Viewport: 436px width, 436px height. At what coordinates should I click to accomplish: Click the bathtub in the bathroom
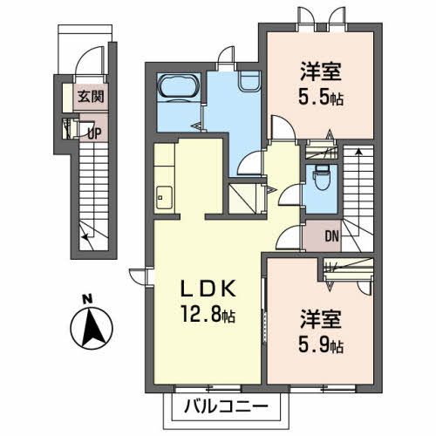pyautogui.click(x=179, y=86)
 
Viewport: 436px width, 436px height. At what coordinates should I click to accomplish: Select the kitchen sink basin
pyautogui.click(x=164, y=198)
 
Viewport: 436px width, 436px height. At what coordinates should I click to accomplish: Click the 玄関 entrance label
pyautogui.click(x=91, y=96)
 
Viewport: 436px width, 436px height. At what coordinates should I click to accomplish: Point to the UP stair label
pyautogui.click(x=95, y=133)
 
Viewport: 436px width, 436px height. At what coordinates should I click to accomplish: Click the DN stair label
pyautogui.click(x=331, y=236)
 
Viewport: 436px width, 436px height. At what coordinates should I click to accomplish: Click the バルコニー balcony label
pyautogui.click(x=226, y=406)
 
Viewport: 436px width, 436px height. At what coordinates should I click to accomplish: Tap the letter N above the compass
pyautogui.click(x=87, y=299)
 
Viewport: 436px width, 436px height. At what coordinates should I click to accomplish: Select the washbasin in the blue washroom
pyautogui.click(x=249, y=81)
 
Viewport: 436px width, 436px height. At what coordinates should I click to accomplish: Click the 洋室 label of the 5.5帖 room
pyautogui.click(x=321, y=72)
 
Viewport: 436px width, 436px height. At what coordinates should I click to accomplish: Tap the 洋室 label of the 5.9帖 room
pyautogui.click(x=321, y=319)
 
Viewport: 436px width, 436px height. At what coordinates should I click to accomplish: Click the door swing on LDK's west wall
pyautogui.click(x=139, y=275)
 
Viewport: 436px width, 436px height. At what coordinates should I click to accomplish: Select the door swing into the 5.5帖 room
pyautogui.click(x=283, y=127)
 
